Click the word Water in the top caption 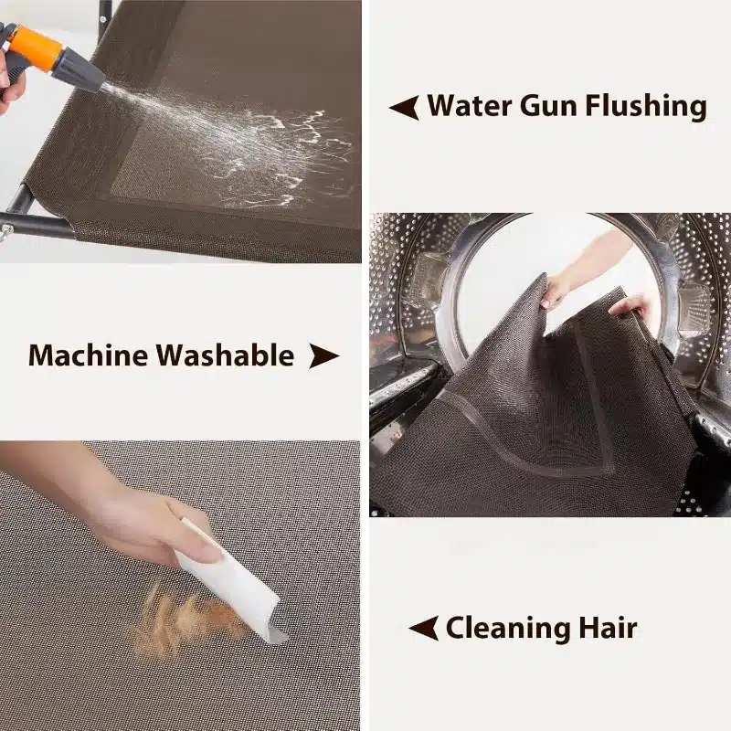[470, 105]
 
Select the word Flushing [646, 106]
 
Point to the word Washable [225, 355]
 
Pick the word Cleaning [508, 629]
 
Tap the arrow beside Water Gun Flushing [404, 107]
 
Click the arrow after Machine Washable [324, 356]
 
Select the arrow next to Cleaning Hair [423, 628]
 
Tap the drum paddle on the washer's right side [694, 309]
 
